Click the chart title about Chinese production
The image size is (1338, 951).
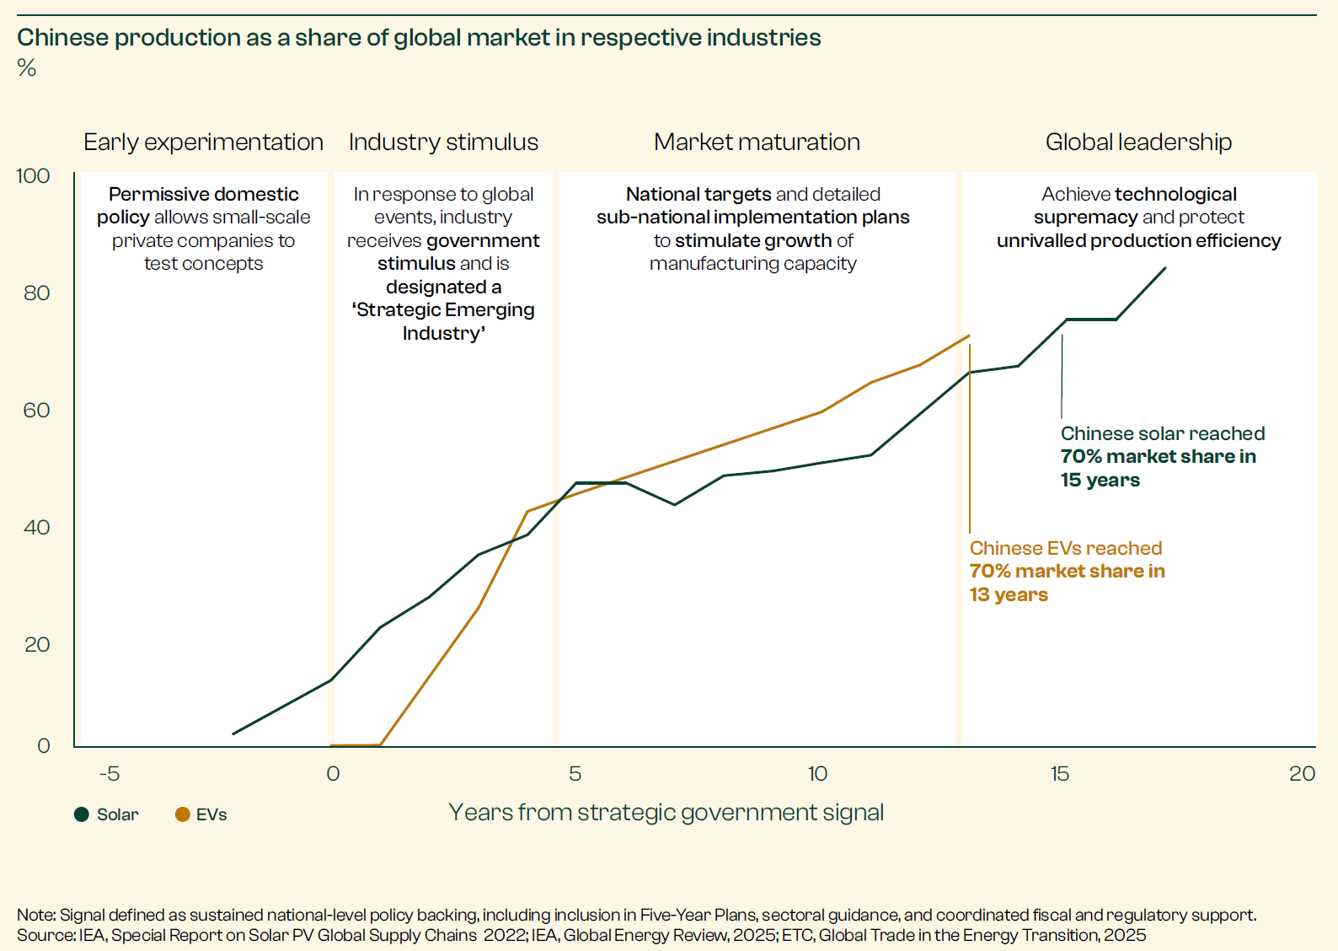(x=419, y=38)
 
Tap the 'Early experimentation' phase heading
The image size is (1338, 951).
(x=203, y=142)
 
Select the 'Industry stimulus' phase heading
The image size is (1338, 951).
(x=443, y=142)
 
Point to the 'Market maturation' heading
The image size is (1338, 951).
(x=757, y=142)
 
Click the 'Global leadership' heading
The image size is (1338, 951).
(x=1138, y=142)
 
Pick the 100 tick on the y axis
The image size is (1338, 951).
(x=34, y=176)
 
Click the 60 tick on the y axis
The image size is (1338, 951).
(x=36, y=411)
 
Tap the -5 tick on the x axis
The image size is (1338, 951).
(x=110, y=773)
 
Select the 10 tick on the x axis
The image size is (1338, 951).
(x=817, y=773)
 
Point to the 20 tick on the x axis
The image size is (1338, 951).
(x=1302, y=773)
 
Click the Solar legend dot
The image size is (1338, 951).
(x=82, y=814)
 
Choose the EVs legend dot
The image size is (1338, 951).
(x=182, y=814)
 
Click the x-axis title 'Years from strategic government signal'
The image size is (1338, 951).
(x=666, y=812)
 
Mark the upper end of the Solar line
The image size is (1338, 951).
(x=1165, y=268)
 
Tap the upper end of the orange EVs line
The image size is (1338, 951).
(x=969, y=336)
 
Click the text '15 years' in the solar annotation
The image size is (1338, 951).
(x=1100, y=480)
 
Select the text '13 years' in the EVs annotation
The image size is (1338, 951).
(x=1009, y=594)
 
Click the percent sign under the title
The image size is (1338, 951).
(x=27, y=68)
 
